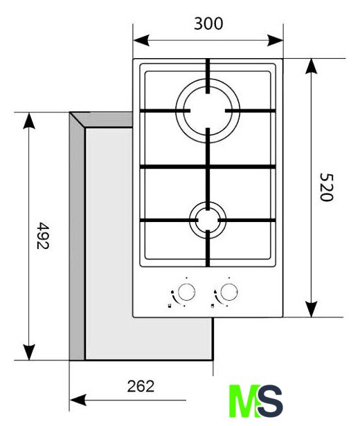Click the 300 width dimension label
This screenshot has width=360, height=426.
coord(208,24)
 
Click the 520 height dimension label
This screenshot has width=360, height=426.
coord(326,187)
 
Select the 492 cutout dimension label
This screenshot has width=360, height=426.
coord(43,236)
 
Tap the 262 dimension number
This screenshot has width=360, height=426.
coord(141,386)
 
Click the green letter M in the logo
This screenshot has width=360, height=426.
coord(244,400)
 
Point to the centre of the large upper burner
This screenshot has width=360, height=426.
coord(208,111)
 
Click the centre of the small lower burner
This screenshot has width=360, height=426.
coord(208,220)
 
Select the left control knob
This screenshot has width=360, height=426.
coord(186,292)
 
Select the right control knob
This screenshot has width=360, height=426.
coord(229,292)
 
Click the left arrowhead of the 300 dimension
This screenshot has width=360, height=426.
coord(141,41)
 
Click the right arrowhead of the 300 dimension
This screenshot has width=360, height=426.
coord(275,41)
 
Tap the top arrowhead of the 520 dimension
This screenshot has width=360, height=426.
coord(311,66)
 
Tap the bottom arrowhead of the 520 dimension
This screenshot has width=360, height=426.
coord(311,309)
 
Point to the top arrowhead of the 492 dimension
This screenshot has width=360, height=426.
coord(29,120)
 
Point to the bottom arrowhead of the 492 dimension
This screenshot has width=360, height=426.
coord(29,353)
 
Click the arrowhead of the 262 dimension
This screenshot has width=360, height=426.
coord(78,400)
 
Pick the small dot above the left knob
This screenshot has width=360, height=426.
coord(186,278)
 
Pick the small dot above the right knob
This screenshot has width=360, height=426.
coord(229,278)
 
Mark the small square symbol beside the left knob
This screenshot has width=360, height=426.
coord(170,306)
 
